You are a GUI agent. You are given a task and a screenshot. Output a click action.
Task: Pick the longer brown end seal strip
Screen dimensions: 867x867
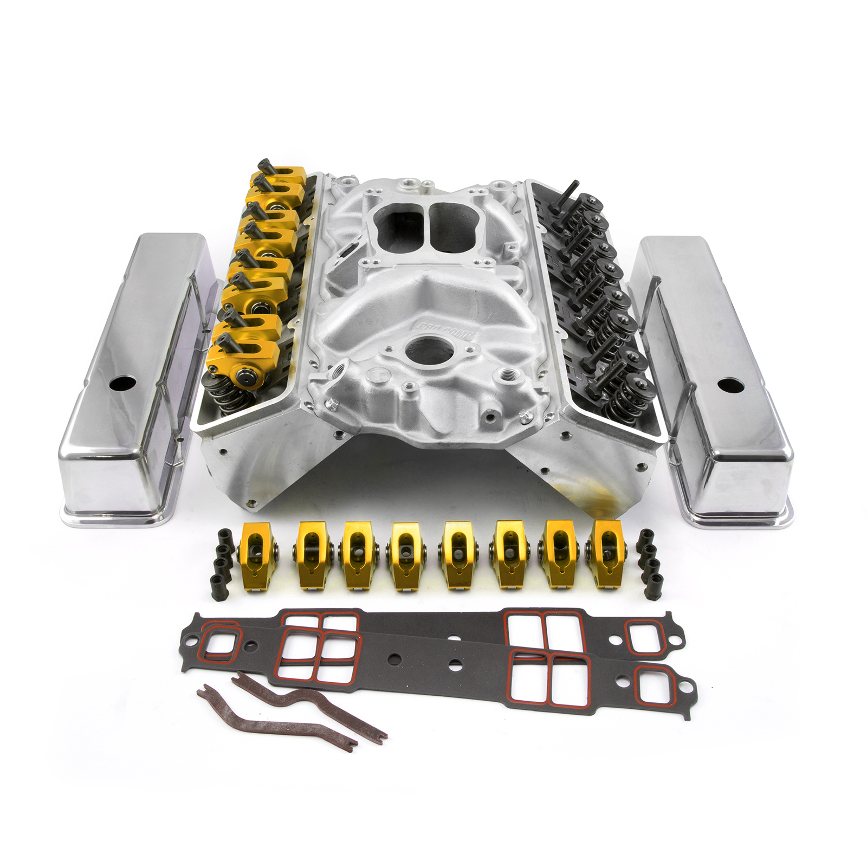point(276,721)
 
